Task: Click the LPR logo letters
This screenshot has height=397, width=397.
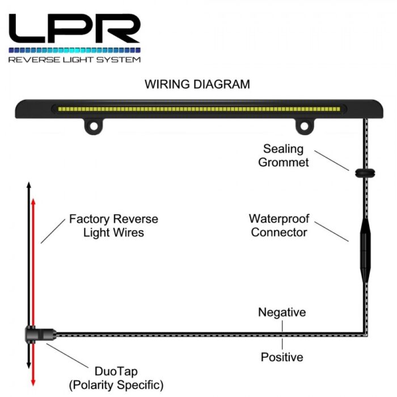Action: click(x=74, y=28)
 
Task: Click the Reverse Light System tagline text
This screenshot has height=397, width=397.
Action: click(x=74, y=59)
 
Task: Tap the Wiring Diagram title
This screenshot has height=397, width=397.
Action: click(x=197, y=85)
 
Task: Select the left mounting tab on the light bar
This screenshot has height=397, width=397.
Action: click(x=93, y=125)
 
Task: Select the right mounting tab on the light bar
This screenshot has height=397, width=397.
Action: click(x=305, y=125)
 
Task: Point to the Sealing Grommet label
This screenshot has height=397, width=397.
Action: click(x=283, y=155)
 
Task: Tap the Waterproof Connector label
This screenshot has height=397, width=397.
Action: click(x=278, y=225)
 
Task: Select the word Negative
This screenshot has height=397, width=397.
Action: click(x=282, y=312)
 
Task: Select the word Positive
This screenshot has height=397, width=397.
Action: click(x=282, y=357)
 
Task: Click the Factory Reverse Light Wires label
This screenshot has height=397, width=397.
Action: click(x=113, y=225)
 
